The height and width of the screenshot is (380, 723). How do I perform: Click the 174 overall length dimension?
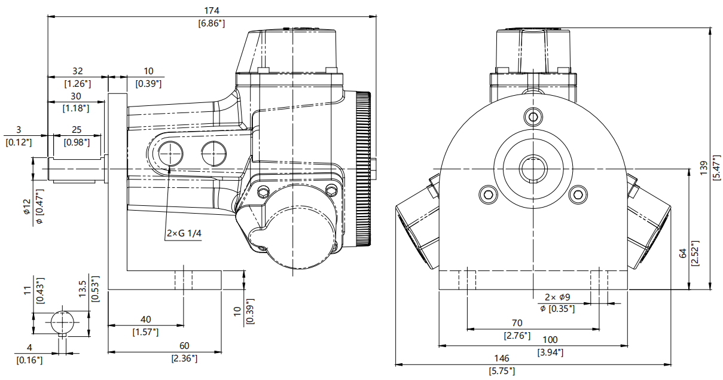pyautogui.click(x=212, y=10)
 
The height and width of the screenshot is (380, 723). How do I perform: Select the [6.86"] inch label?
pyautogui.click(x=212, y=23)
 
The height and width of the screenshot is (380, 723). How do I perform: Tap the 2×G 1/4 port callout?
pyautogui.click(x=184, y=234)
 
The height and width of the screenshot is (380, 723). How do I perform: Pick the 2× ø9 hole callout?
pyautogui.click(x=557, y=297)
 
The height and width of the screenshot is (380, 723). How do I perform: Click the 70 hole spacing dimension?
pyautogui.click(x=517, y=323)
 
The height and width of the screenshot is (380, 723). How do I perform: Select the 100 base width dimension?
pyautogui.click(x=550, y=339)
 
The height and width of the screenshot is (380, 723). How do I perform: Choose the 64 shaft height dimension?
pyautogui.click(x=682, y=254)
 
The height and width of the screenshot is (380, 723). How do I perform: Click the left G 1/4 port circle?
pyautogui.click(x=170, y=154)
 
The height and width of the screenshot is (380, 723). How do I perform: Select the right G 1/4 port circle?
pyautogui.click(x=213, y=153)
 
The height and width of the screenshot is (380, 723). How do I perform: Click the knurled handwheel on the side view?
pyautogui.click(x=362, y=169)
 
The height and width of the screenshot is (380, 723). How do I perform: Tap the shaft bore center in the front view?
pyautogui.click(x=532, y=168)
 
